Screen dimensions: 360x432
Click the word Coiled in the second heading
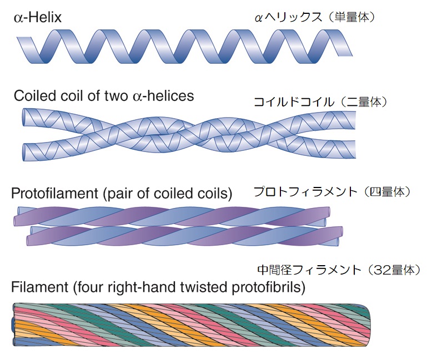coord(33,95)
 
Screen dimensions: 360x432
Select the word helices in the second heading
coord(170,95)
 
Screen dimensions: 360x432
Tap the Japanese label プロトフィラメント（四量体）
coord(332,192)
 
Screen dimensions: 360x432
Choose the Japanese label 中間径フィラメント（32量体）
coord(337,270)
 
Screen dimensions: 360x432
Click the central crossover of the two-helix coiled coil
coord(189,133)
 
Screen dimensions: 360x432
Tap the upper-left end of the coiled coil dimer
coord(26,117)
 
